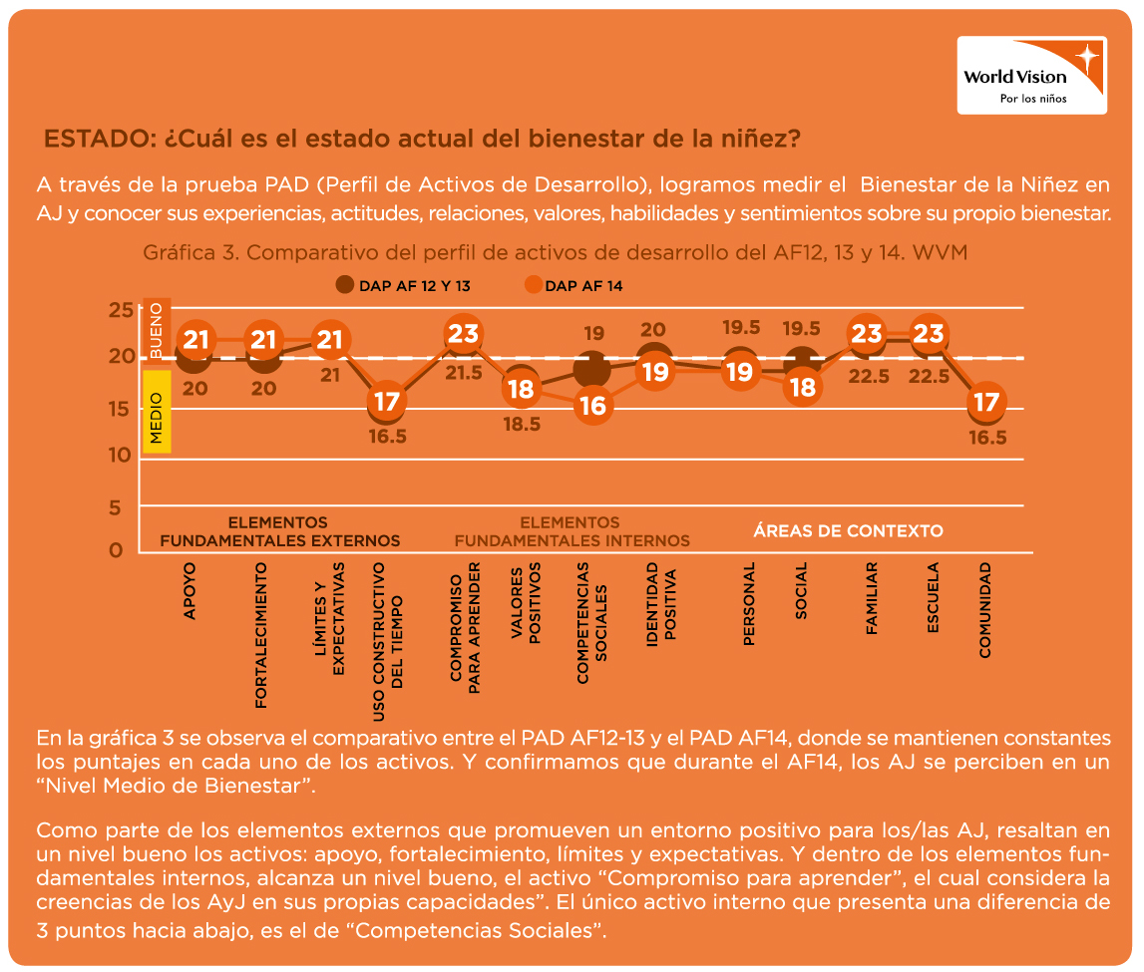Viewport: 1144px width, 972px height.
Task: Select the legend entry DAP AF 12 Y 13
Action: click(403, 286)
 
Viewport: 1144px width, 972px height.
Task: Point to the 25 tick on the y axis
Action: click(121, 310)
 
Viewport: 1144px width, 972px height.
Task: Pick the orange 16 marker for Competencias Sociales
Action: click(592, 405)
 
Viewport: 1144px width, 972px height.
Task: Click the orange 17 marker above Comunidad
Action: click(986, 402)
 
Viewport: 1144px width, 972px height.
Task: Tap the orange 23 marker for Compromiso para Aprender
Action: click(463, 334)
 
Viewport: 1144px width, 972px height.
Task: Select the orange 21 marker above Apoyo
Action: click(195, 340)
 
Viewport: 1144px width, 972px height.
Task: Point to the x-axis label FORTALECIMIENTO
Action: click(260, 635)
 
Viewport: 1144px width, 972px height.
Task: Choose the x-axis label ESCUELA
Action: click(933, 597)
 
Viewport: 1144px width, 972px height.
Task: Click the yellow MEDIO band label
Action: click(156, 412)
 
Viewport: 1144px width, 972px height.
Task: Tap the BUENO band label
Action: click(156, 330)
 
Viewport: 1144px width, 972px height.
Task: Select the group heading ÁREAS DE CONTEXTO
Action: click(848, 530)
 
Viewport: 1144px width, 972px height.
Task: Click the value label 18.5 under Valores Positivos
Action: click(523, 424)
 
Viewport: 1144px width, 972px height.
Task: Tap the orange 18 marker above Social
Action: click(803, 387)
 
